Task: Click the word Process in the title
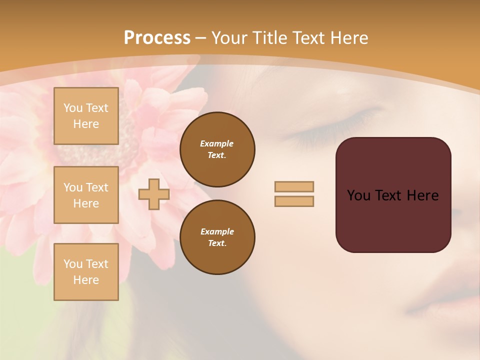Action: pyautogui.click(x=157, y=38)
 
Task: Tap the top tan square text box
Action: pyautogui.click(x=86, y=116)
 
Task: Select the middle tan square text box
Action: pyautogui.click(x=86, y=195)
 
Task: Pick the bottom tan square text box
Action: pyautogui.click(x=86, y=272)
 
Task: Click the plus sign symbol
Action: pyautogui.click(x=153, y=194)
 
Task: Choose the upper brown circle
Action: pyautogui.click(x=217, y=149)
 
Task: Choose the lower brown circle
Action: pyautogui.click(x=217, y=237)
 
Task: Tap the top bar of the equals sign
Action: pyautogui.click(x=294, y=187)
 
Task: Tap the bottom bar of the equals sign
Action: pyautogui.click(x=294, y=201)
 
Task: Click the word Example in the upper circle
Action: pyautogui.click(x=216, y=143)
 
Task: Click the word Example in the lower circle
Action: pyautogui.click(x=217, y=231)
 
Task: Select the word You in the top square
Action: pyautogui.click(x=72, y=108)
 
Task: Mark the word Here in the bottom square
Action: pyautogui.click(x=86, y=280)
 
